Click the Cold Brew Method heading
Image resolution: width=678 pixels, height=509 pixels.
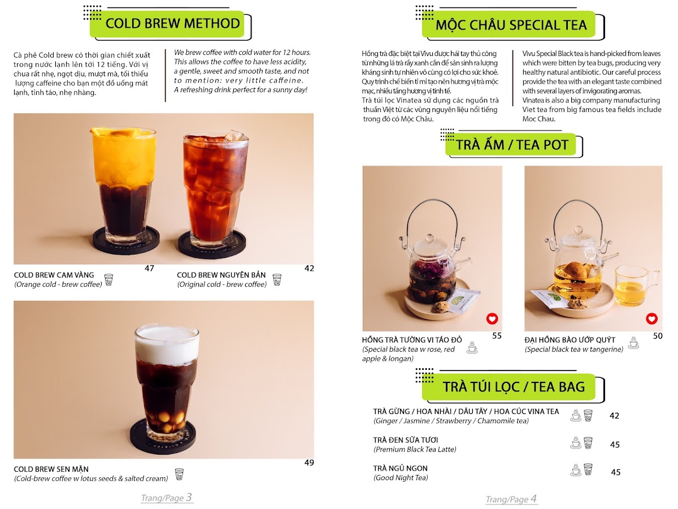click(x=173, y=24)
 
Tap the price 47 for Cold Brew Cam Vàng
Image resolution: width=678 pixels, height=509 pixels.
click(x=149, y=268)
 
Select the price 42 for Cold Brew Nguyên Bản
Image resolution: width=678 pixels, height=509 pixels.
click(x=309, y=268)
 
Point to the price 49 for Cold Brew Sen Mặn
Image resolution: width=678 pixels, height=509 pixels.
click(x=309, y=462)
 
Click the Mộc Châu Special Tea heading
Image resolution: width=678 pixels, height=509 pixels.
click(x=511, y=25)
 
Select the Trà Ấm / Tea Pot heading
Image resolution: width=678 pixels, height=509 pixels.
click(x=512, y=145)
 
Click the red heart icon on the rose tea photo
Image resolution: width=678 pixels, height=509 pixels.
click(x=492, y=318)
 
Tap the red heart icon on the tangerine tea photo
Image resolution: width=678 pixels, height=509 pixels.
click(x=652, y=318)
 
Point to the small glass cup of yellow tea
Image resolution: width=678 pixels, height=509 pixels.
click(x=636, y=286)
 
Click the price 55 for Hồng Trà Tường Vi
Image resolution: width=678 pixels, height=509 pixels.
click(x=497, y=335)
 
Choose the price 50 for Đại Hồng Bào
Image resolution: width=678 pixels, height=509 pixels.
click(x=658, y=335)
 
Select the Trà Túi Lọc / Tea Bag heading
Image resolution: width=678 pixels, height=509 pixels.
click(x=514, y=387)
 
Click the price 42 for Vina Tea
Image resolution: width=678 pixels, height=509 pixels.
click(x=614, y=416)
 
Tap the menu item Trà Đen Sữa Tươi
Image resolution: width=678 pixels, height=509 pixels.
click(x=406, y=440)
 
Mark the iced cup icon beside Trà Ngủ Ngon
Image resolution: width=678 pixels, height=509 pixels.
click(x=588, y=469)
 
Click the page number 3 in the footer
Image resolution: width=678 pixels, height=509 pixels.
click(x=189, y=497)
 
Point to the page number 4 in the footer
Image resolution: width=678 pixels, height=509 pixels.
click(x=533, y=498)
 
